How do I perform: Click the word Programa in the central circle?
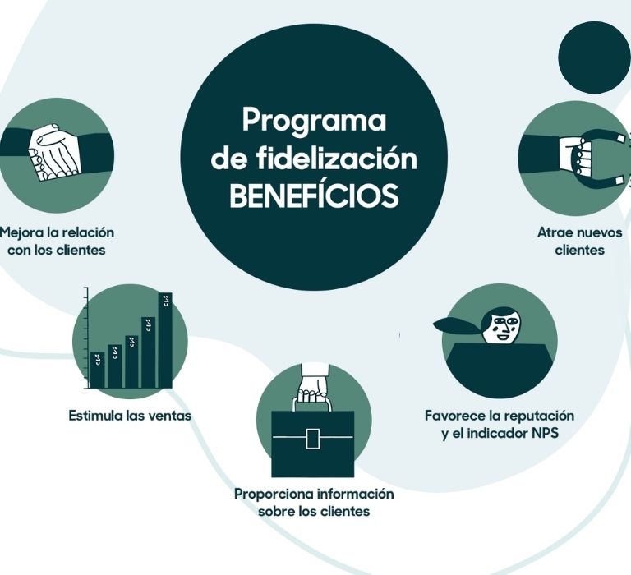[x=313, y=121]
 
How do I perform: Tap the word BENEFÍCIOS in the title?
[x=313, y=196]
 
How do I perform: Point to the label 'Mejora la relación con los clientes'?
[x=57, y=241]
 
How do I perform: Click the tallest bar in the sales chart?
[x=165, y=340]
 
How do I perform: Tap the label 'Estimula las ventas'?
[x=130, y=416]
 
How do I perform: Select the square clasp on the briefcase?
[x=312, y=439]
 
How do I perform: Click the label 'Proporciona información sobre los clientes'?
[x=314, y=503]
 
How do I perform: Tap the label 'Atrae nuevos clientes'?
[x=579, y=241]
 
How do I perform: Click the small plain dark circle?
[x=594, y=56]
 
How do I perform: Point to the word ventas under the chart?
[x=168, y=416]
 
